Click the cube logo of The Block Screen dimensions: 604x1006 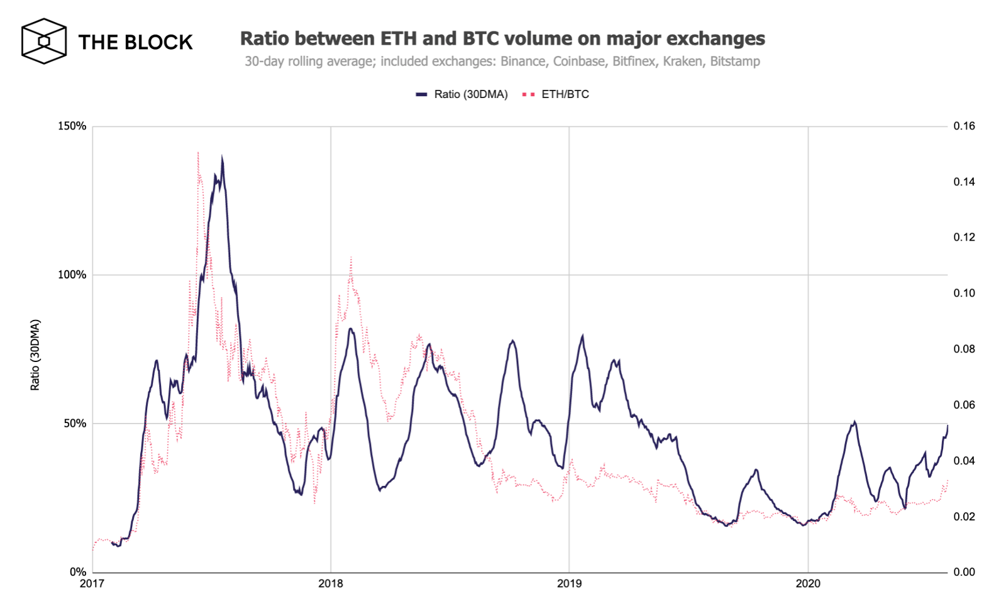(x=44, y=41)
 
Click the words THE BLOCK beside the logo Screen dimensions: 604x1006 (x=135, y=42)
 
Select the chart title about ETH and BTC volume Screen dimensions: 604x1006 (x=502, y=38)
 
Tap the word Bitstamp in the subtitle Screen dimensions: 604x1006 (x=735, y=62)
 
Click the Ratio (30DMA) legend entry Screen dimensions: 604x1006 (x=462, y=94)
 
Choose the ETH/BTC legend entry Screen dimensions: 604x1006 (x=556, y=94)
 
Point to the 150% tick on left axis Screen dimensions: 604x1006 (x=72, y=126)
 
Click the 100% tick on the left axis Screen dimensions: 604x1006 (x=72, y=275)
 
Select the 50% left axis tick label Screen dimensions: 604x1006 (x=75, y=424)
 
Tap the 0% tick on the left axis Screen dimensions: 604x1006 (x=77, y=572)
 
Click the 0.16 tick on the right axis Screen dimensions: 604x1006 (x=964, y=126)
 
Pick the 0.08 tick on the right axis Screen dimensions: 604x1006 (x=964, y=349)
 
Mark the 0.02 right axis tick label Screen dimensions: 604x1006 (x=964, y=517)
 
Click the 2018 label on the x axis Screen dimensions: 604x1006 (x=331, y=584)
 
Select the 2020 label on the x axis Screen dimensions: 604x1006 (x=808, y=584)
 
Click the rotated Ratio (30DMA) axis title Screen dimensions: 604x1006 (x=35, y=355)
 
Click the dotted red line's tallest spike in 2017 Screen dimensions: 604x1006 (x=198, y=153)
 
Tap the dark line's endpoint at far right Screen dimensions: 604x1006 (x=947, y=426)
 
